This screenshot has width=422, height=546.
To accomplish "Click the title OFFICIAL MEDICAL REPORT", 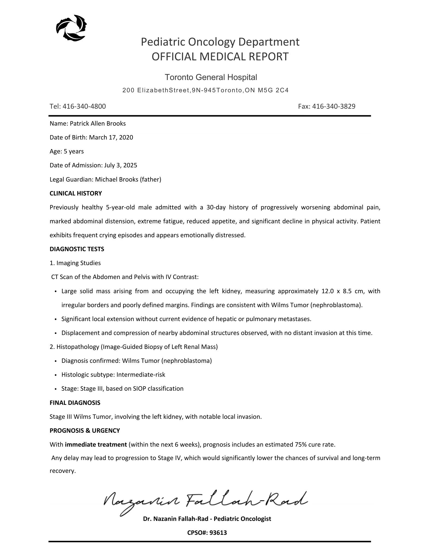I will pos(220,57).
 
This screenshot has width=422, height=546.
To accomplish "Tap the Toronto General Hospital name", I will pos(211,77).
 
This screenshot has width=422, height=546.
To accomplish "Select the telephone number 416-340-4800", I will pos(84,106).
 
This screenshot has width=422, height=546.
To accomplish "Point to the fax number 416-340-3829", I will pos(334,106).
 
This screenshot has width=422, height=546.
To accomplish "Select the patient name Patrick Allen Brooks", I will pos(98,123).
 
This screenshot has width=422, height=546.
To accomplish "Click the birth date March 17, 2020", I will pos(111,137).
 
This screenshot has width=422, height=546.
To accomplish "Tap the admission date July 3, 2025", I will pos(121,165).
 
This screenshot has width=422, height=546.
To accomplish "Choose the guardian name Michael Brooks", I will pos(117,179).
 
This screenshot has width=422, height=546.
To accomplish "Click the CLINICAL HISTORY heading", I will pos(76,193).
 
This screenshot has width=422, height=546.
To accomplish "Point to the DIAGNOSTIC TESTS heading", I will pos(77,249).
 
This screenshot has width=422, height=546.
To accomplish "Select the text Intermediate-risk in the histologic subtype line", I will pos(141,375).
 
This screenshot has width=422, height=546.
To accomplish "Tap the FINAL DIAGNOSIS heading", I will pos(75,403).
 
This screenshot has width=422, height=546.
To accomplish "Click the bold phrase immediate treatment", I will pos(96,444).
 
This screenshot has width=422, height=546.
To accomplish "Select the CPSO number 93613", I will pos(218,532).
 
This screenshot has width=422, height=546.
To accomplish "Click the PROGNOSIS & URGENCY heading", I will pos(85,431).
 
